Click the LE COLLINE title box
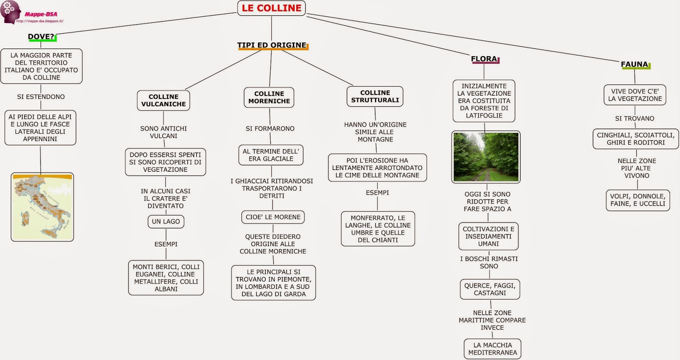click(271, 8)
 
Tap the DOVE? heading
click(41, 37)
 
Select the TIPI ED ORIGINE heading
click(272, 45)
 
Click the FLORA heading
click(484, 59)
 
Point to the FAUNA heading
click(635, 64)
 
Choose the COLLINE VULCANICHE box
click(164, 100)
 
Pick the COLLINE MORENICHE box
click(269, 97)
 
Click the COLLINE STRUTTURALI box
click(375, 96)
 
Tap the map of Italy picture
click(42, 207)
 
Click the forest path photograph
click(486, 157)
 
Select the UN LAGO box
click(166, 221)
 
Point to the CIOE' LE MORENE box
click(273, 217)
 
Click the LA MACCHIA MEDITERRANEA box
click(493, 349)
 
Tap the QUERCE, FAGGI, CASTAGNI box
click(490, 289)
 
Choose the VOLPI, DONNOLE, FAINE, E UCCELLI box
click(637, 200)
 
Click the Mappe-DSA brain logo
click(11, 11)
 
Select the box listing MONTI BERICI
click(166, 278)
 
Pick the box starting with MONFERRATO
click(378, 229)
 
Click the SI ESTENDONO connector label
click(41, 97)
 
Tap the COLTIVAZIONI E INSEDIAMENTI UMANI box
click(488, 236)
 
